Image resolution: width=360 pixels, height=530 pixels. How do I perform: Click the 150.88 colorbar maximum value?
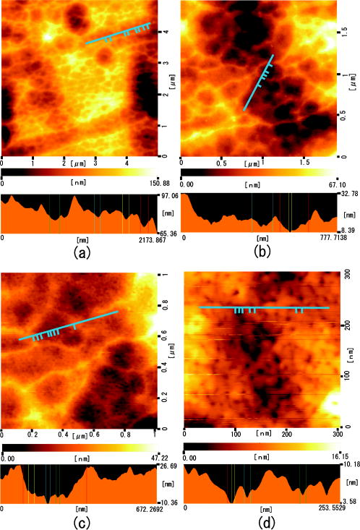[x=159, y=185]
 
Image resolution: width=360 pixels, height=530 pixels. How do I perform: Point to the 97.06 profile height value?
[x=168, y=197]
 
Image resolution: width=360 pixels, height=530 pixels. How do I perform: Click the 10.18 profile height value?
[x=349, y=466]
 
